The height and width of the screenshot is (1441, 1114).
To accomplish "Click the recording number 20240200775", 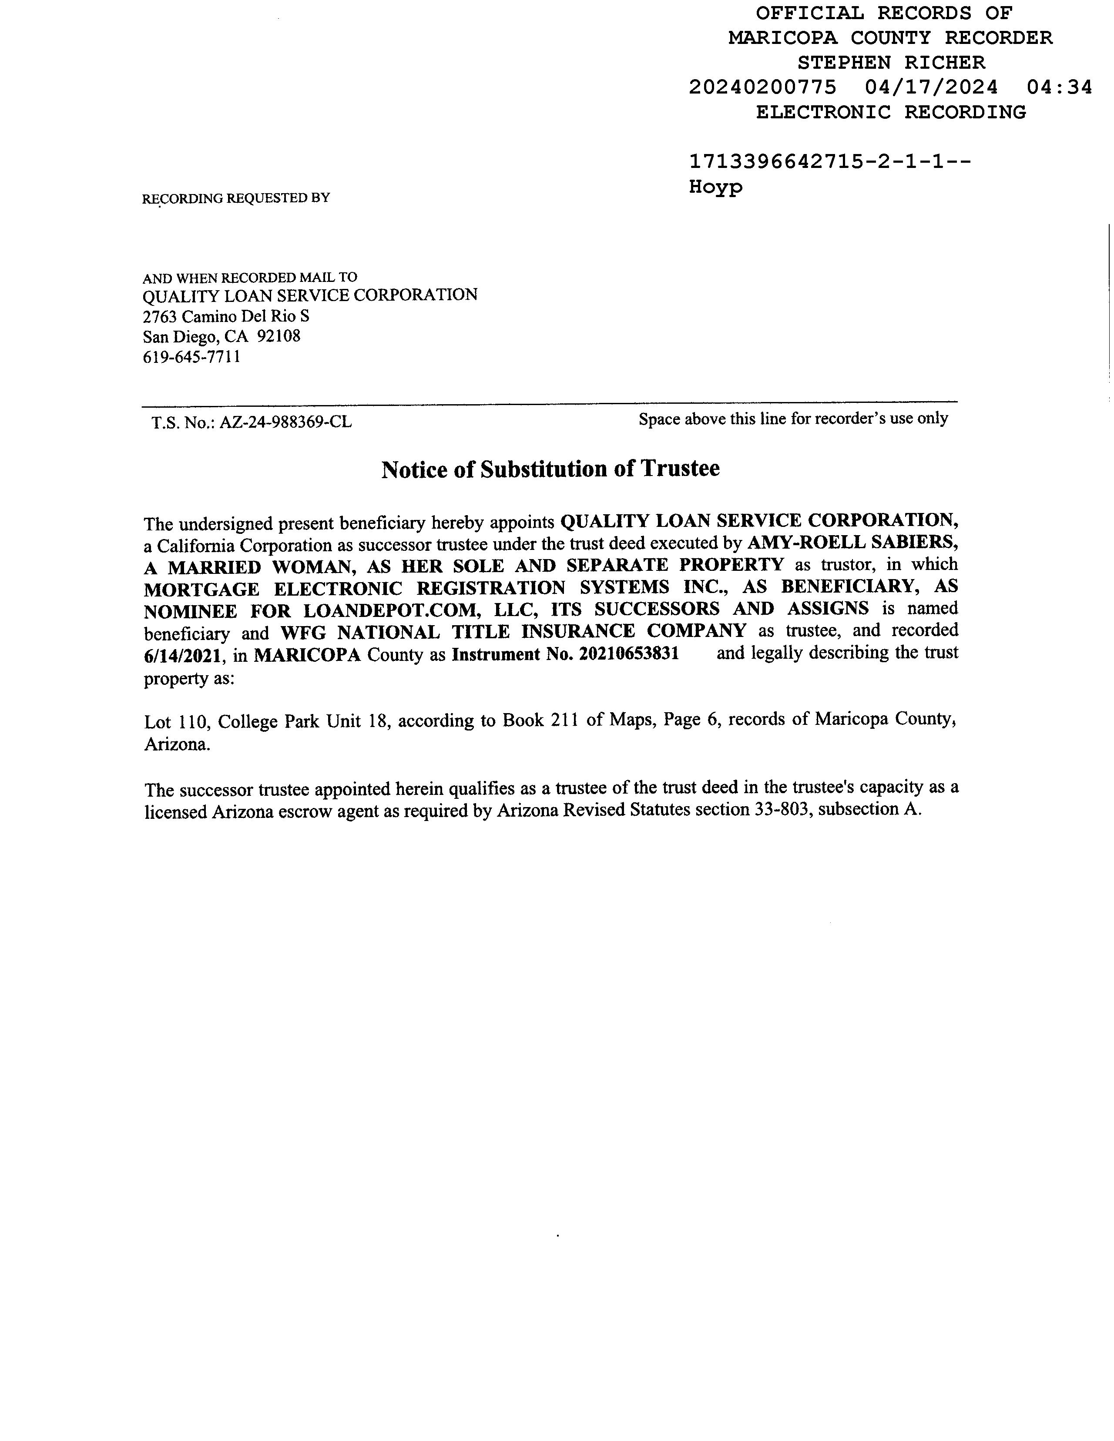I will coord(762,87).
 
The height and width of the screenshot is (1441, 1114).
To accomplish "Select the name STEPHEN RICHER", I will coord(891,63).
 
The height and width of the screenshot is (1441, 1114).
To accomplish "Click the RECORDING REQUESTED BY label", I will coord(235,198).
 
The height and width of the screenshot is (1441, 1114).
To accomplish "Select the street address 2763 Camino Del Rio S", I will coord(226,316).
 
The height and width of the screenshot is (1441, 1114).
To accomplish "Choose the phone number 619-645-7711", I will coord(191,358).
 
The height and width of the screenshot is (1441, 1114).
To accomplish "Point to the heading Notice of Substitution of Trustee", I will coord(550,469).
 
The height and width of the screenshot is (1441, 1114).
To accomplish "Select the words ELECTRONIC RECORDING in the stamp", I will coord(891,112).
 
